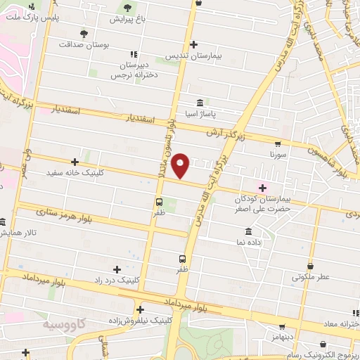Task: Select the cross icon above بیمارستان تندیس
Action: pos(194,44)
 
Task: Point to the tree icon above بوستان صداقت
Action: pos(84,33)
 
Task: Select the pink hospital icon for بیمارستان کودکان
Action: pos(264,187)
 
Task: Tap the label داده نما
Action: pos(250,242)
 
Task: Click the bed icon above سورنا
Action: pos(277,140)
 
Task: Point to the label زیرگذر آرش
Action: pos(226,132)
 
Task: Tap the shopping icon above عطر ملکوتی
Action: pos(311,266)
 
